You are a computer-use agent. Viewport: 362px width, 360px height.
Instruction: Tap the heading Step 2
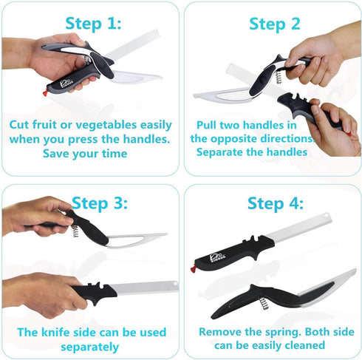click(274, 24)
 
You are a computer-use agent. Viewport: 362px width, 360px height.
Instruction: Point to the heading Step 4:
click(276, 203)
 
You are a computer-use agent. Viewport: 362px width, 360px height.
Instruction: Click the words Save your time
click(85, 154)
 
